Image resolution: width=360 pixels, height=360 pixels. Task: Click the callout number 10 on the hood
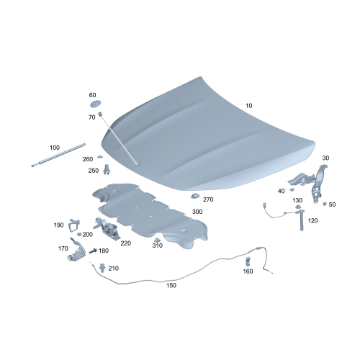pyautogui.click(x=249, y=105)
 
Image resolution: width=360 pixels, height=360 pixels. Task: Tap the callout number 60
pyautogui.click(x=92, y=95)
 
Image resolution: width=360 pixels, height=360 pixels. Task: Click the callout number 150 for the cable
pyautogui.click(x=171, y=285)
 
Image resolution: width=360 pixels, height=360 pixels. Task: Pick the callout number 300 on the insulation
pyautogui.click(x=197, y=212)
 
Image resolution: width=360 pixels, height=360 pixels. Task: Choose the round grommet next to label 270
pyautogui.click(x=194, y=197)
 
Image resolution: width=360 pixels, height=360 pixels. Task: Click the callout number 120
pyautogui.click(x=312, y=220)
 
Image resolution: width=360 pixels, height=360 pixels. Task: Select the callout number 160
pyautogui.click(x=248, y=271)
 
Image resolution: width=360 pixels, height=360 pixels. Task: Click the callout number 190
pyautogui.click(x=59, y=225)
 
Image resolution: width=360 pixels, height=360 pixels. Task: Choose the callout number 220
pyautogui.click(x=125, y=243)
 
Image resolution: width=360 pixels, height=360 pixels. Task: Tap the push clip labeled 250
pyautogui.click(x=107, y=171)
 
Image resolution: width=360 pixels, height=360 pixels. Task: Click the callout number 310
pyautogui.click(x=157, y=246)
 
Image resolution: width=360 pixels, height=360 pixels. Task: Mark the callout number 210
pyautogui.click(x=114, y=269)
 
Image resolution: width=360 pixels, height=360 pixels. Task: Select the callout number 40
pyautogui.click(x=281, y=191)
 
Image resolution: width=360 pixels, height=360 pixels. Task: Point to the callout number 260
pyautogui.click(x=88, y=159)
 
